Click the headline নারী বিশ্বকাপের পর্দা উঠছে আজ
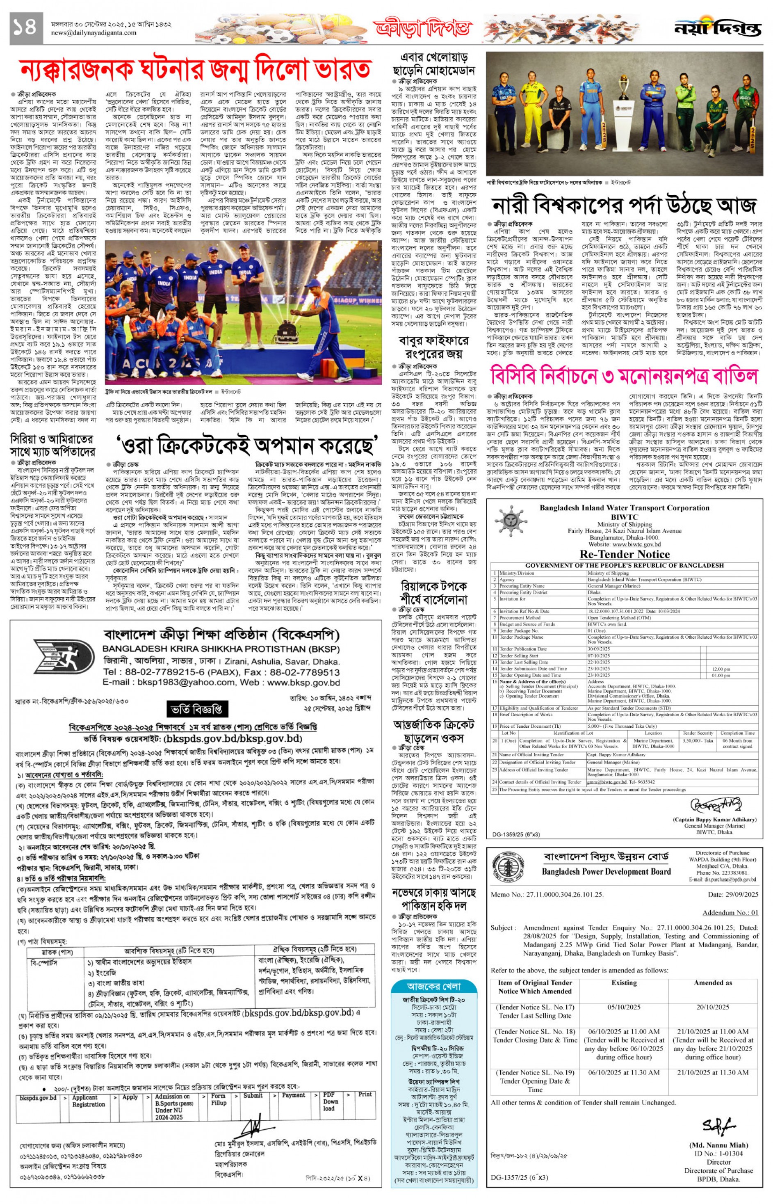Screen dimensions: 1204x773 click(x=623, y=205)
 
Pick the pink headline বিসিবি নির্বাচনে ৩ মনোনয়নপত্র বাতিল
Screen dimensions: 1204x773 click(x=623, y=376)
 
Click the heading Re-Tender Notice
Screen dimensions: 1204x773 click(x=625, y=554)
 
